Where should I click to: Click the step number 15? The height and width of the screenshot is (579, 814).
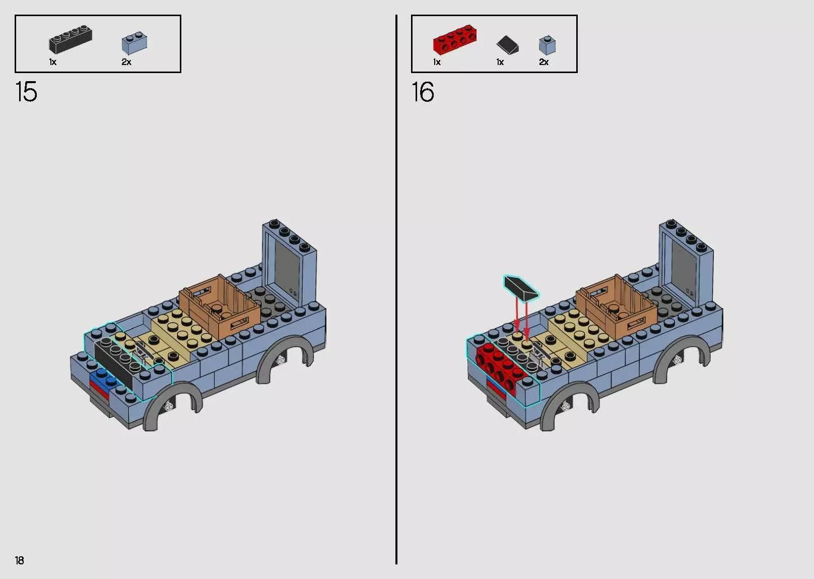coord(26,92)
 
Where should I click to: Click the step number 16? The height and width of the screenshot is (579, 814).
coord(423,92)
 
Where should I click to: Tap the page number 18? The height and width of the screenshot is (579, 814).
coord(20,560)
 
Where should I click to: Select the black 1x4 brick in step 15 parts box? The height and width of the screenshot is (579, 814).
coord(71,40)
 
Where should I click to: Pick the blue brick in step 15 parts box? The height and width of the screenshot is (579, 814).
coord(134,43)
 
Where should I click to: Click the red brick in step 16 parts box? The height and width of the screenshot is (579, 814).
coord(455,39)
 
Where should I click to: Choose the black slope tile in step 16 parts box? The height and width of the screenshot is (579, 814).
coord(508,45)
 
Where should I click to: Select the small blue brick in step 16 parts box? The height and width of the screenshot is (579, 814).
coord(547,45)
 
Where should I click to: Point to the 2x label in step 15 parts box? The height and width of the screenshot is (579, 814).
coord(126,62)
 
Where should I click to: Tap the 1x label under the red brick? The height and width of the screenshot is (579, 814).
coord(437,62)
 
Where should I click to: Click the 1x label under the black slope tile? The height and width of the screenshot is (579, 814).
coord(500,62)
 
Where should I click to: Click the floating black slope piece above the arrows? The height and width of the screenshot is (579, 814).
coord(521,287)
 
